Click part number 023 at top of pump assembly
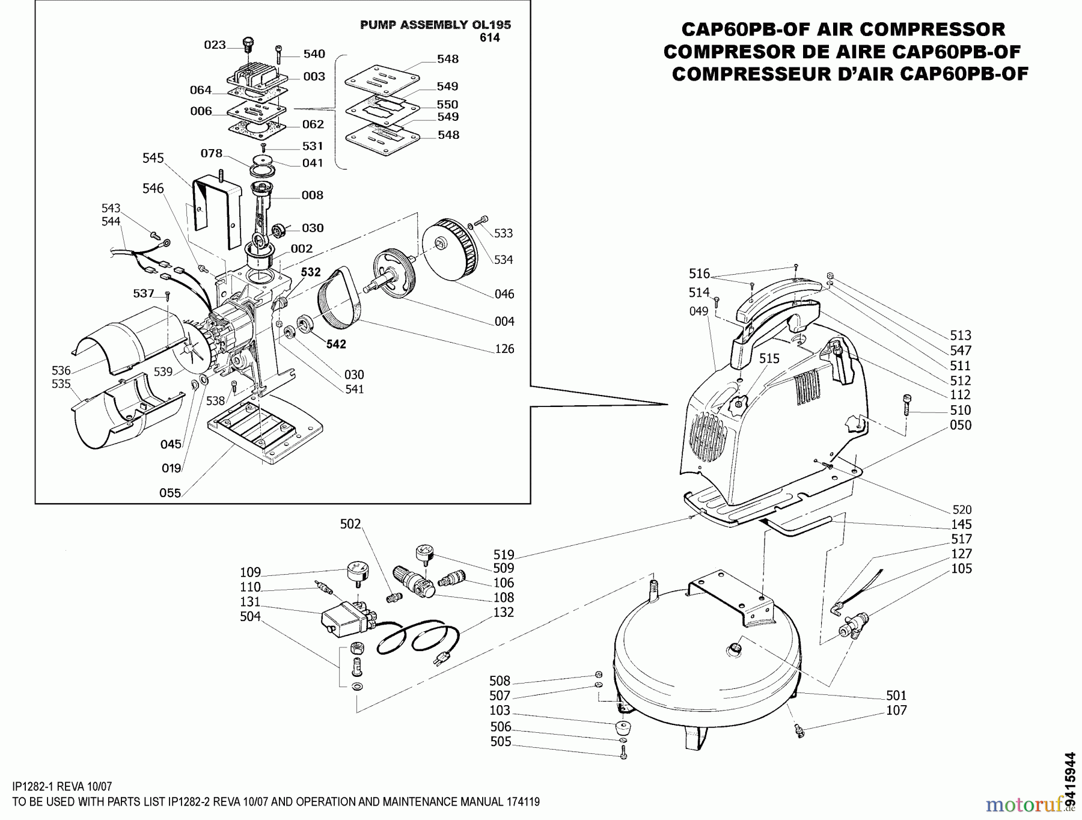[x=214, y=45]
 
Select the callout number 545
[x=153, y=158]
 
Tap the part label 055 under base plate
[x=170, y=493]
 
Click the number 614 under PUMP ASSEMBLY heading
[x=490, y=38]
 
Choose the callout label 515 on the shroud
[x=769, y=359]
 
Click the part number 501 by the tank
[x=896, y=696]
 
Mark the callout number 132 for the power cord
[x=503, y=612]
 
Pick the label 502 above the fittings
[x=350, y=524]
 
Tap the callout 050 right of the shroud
[x=960, y=425]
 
